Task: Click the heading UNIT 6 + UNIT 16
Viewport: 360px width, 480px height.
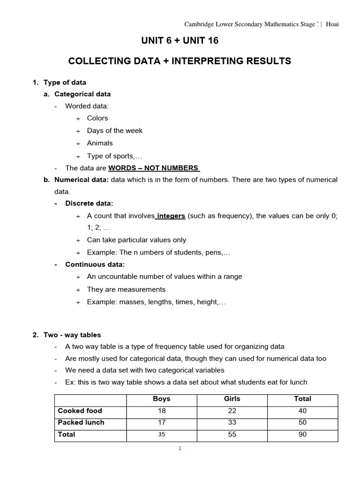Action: [x=180, y=41]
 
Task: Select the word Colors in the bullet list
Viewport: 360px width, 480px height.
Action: [x=97, y=118]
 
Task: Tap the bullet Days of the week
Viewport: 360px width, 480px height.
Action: [x=114, y=131]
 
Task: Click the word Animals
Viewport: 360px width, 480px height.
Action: [x=99, y=143]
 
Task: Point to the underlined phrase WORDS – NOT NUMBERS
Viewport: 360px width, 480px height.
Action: [x=154, y=168]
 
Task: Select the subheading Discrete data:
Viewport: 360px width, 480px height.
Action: [x=89, y=203]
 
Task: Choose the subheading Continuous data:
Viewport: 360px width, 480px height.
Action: [x=95, y=264]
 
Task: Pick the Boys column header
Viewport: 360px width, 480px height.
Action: [x=162, y=399]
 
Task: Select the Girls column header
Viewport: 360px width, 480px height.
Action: [x=232, y=399]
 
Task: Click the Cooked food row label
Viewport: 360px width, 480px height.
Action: [x=80, y=411]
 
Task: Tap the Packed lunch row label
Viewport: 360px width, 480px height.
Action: [x=81, y=422]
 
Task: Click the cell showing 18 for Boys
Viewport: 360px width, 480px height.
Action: [x=162, y=411]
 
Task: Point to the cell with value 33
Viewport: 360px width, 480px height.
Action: [x=232, y=422]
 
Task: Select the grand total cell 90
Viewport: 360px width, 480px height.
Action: [x=302, y=435]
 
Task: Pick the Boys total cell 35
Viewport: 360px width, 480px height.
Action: [x=162, y=435]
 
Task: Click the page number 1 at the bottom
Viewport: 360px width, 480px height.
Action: [x=179, y=449]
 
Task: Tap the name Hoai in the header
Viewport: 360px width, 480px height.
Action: [x=332, y=24]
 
